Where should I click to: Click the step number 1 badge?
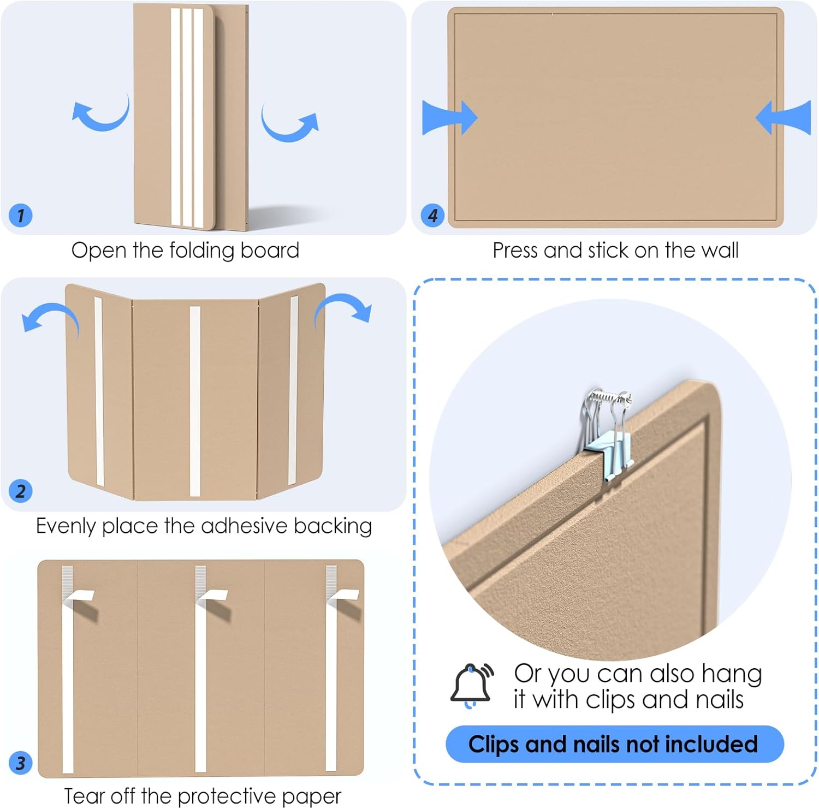(21, 215)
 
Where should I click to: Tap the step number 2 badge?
(21, 491)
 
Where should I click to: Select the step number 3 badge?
(21, 763)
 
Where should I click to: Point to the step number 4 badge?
(432, 215)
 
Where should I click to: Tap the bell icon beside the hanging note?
(471, 686)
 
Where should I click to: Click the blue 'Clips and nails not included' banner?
(614, 744)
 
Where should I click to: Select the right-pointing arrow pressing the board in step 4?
(449, 117)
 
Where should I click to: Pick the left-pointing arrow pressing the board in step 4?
(784, 117)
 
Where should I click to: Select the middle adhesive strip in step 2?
(195, 401)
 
